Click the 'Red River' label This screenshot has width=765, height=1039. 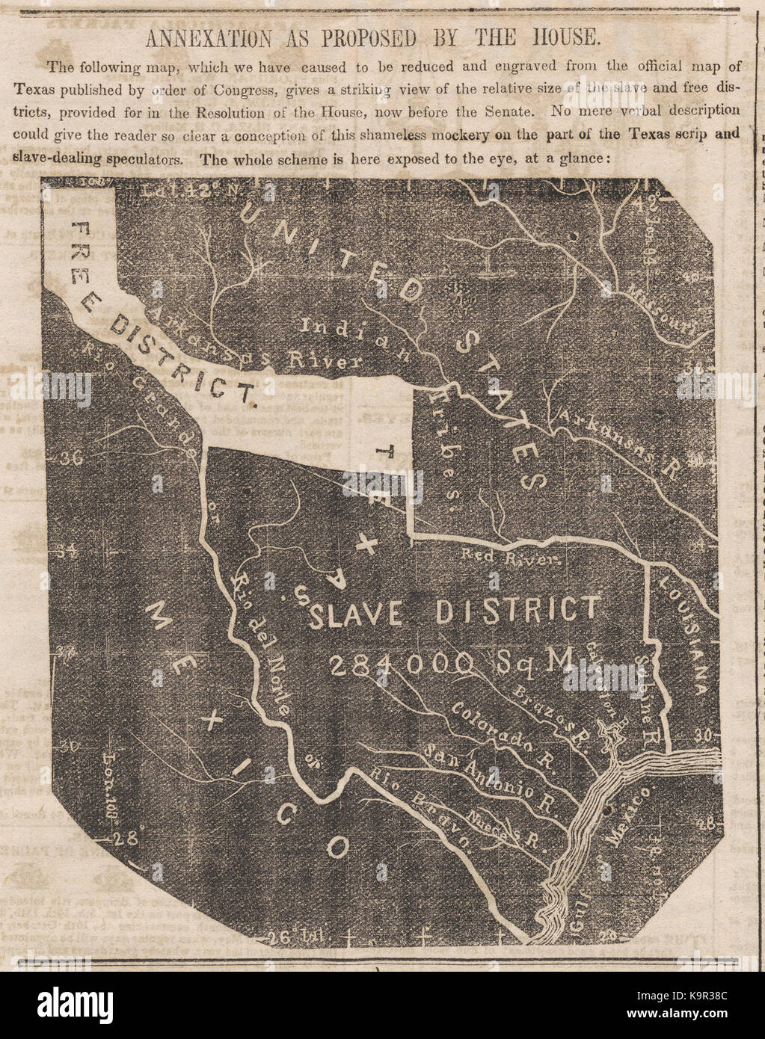click(x=511, y=556)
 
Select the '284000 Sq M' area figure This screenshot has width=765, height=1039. click(x=449, y=661)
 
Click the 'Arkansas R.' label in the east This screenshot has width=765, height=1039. click(x=620, y=445)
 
